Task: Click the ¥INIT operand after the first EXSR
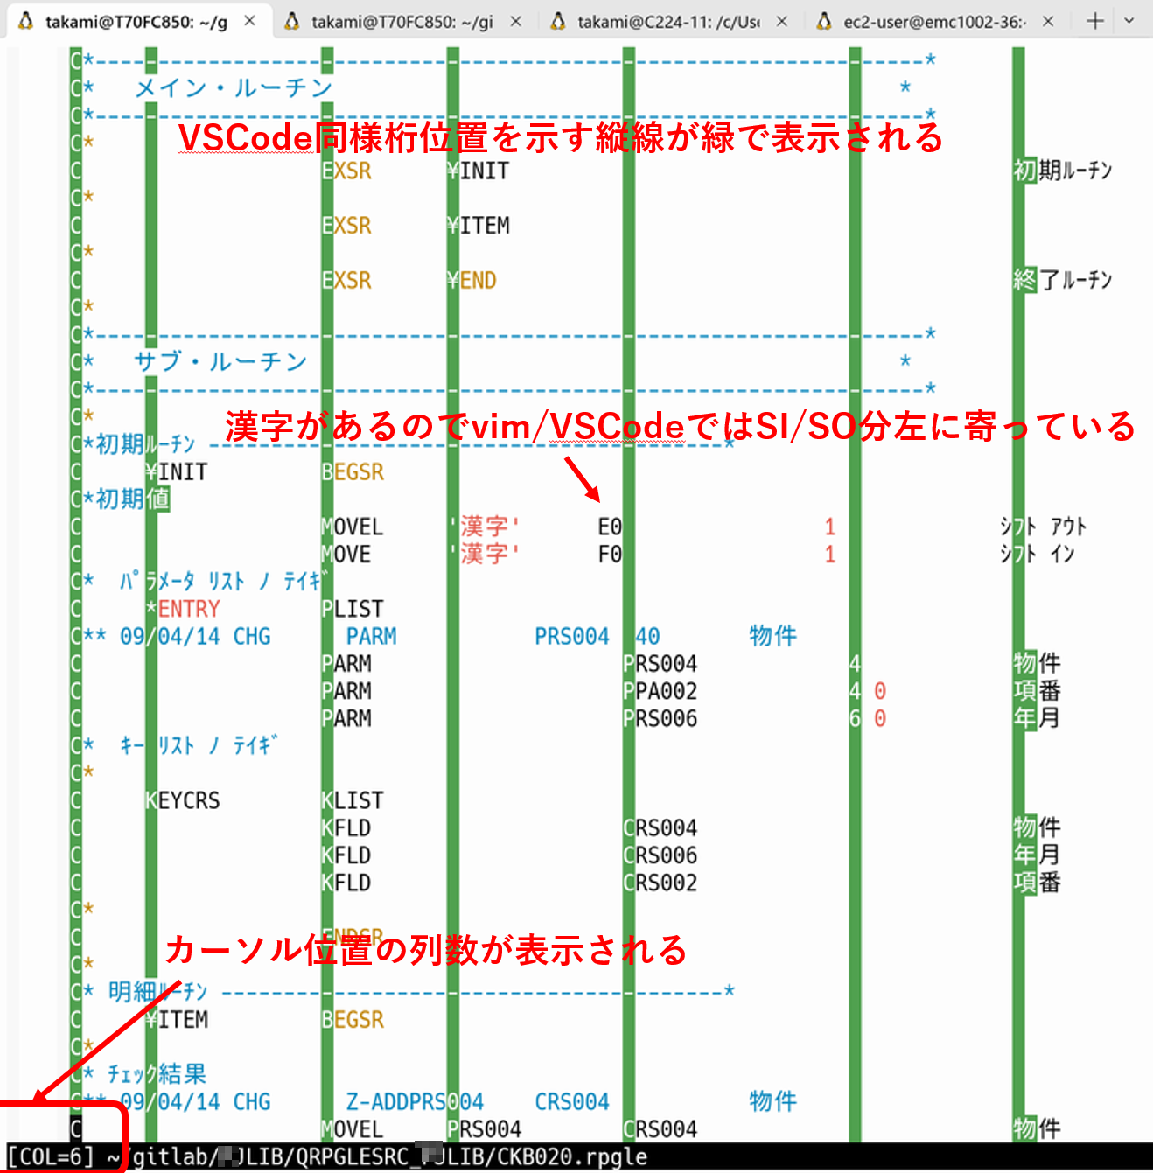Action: coord(479,171)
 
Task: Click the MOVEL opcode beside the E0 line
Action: coord(353,527)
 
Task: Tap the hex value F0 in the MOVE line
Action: coord(610,554)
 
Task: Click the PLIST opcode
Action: coord(353,609)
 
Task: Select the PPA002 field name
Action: coord(660,691)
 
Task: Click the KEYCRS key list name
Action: coord(183,800)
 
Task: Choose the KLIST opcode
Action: coord(353,800)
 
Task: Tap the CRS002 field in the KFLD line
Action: coord(660,883)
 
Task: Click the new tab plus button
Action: coord(1094,21)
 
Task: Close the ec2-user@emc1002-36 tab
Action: coord(1048,21)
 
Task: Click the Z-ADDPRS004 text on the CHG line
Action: coord(415,1101)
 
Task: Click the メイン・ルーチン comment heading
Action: coord(234,87)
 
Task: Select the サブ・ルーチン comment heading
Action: coord(220,361)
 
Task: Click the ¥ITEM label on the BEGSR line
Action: coord(178,1019)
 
